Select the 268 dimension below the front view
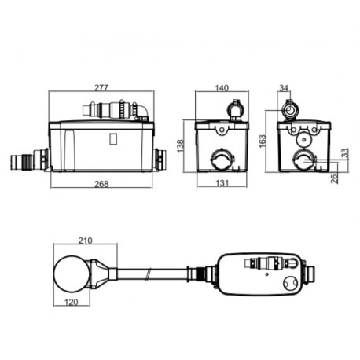[x=100, y=184]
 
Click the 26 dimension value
[x=335, y=178]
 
